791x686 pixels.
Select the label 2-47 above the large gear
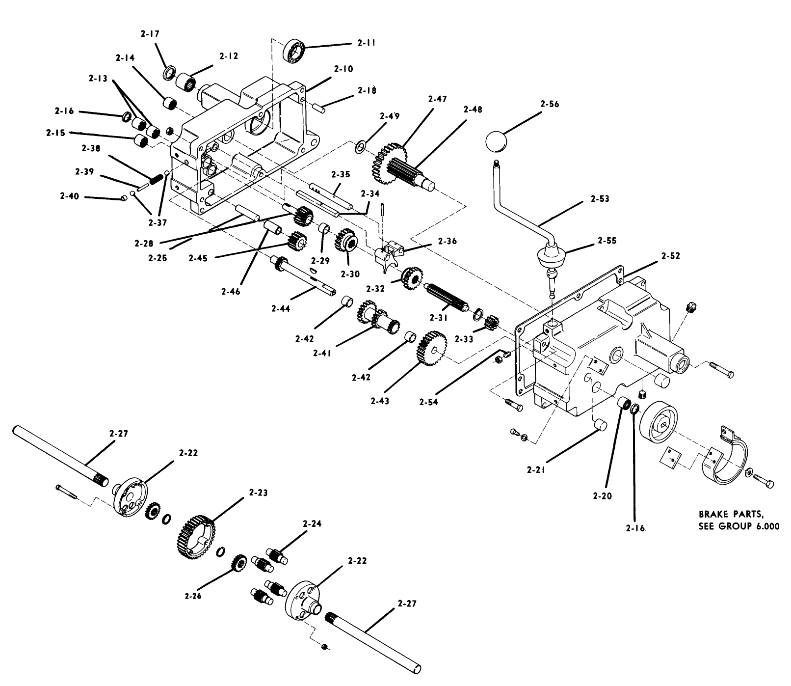(437, 99)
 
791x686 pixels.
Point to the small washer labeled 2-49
(361, 146)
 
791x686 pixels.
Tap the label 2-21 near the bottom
(537, 470)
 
